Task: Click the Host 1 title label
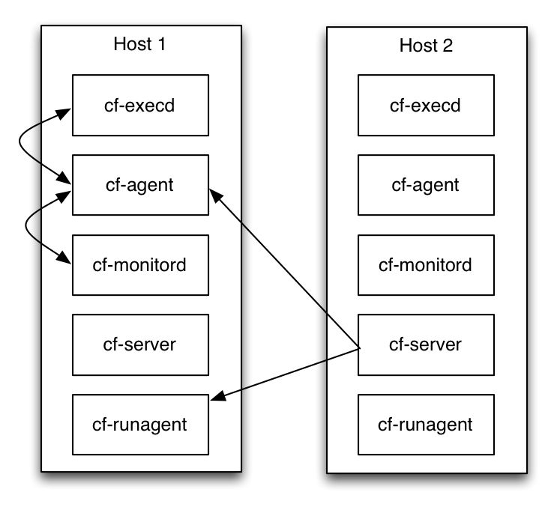[139, 43]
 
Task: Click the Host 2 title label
[426, 46]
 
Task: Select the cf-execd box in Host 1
[139, 105]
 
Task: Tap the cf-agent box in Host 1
[139, 185]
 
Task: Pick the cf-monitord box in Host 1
[139, 264]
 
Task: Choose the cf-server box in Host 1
[139, 344]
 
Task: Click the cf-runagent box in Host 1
[139, 425]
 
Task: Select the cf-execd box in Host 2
[426, 105]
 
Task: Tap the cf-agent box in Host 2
[426, 185]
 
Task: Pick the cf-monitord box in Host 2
[426, 264]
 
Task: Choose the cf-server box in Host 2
[426, 344]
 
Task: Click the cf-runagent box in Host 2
[426, 425]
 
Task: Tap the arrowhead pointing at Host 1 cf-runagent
[217, 398]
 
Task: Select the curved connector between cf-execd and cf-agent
[20, 144]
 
